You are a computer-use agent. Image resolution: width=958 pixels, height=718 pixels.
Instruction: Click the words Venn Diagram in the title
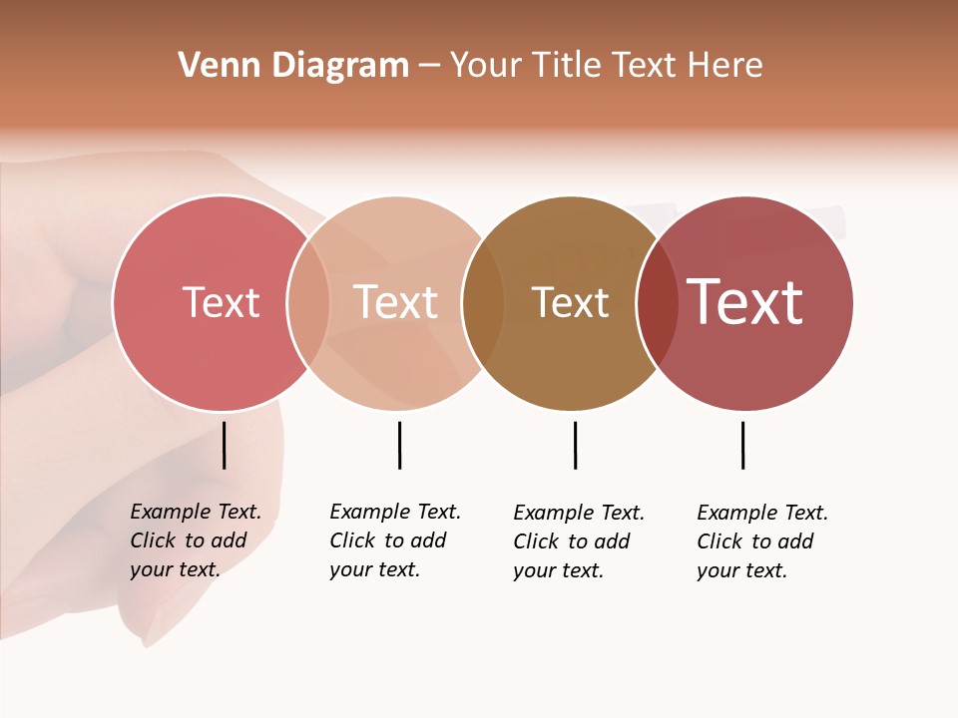point(293,66)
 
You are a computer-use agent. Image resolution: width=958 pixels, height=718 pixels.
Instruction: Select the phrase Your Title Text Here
point(606,66)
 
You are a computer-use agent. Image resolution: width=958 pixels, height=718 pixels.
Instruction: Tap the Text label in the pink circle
point(221,302)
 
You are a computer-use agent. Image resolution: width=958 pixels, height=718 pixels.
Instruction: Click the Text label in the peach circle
point(395,302)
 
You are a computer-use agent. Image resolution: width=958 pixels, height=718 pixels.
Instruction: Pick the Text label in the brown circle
point(570,302)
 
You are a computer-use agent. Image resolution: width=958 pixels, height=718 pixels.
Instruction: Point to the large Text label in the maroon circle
point(744,302)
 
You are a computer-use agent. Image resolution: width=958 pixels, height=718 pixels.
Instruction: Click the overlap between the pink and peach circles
point(308,303)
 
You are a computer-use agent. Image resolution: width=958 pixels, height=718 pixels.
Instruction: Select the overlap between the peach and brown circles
point(483,303)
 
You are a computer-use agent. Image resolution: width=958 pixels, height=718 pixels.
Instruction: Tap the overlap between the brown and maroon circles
point(658,303)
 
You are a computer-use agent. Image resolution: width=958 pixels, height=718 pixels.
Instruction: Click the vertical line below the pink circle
point(225,445)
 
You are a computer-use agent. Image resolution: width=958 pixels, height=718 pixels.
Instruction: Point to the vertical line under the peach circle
point(399,445)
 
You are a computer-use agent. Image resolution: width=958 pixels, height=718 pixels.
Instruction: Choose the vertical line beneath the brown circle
point(575,445)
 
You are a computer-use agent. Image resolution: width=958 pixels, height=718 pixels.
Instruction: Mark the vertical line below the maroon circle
point(742,445)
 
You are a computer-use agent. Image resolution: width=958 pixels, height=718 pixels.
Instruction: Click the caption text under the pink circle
point(195,540)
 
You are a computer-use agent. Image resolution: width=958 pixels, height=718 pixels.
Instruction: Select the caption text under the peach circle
point(394,540)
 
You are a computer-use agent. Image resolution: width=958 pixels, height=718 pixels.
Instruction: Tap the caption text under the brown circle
point(578,541)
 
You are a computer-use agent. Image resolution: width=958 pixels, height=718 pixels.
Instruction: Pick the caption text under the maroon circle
point(761,541)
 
